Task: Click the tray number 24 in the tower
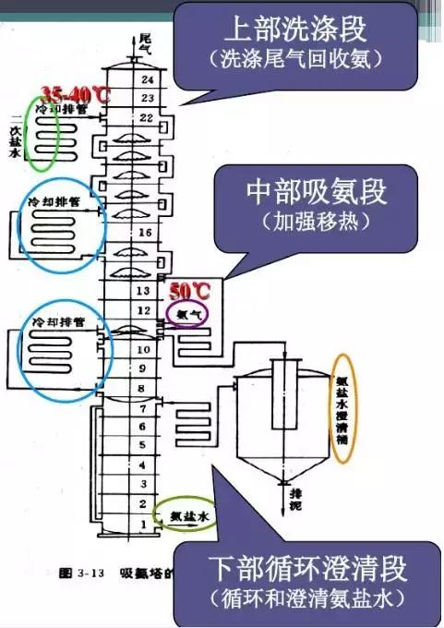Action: coord(144,80)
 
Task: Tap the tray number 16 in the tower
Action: coord(144,234)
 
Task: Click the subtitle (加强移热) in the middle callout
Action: coord(316,222)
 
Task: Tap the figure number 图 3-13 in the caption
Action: coord(79,573)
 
